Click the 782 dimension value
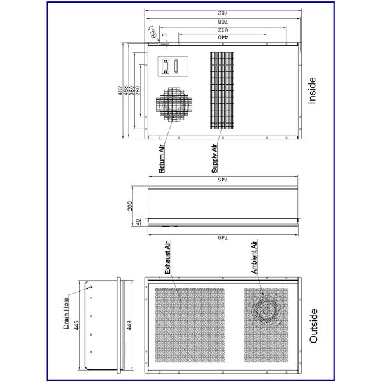click(223, 13)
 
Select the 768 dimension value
click(223, 22)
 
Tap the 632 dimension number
click(223, 30)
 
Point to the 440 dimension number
click(223, 37)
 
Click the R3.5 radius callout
click(152, 32)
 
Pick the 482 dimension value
click(120, 90)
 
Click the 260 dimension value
click(138, 90)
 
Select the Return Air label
click(162, 159)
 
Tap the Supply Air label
click(215, 159)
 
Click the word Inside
click(312, 90)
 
